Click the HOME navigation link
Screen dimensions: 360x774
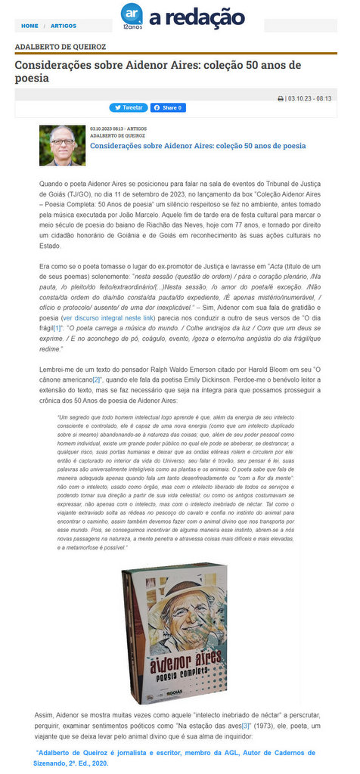tap(29, 26)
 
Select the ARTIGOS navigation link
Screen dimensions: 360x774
tap(64, 26)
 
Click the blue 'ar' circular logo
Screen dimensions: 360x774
tap(131, 13)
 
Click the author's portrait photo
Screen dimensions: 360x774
tap(62, 145)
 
